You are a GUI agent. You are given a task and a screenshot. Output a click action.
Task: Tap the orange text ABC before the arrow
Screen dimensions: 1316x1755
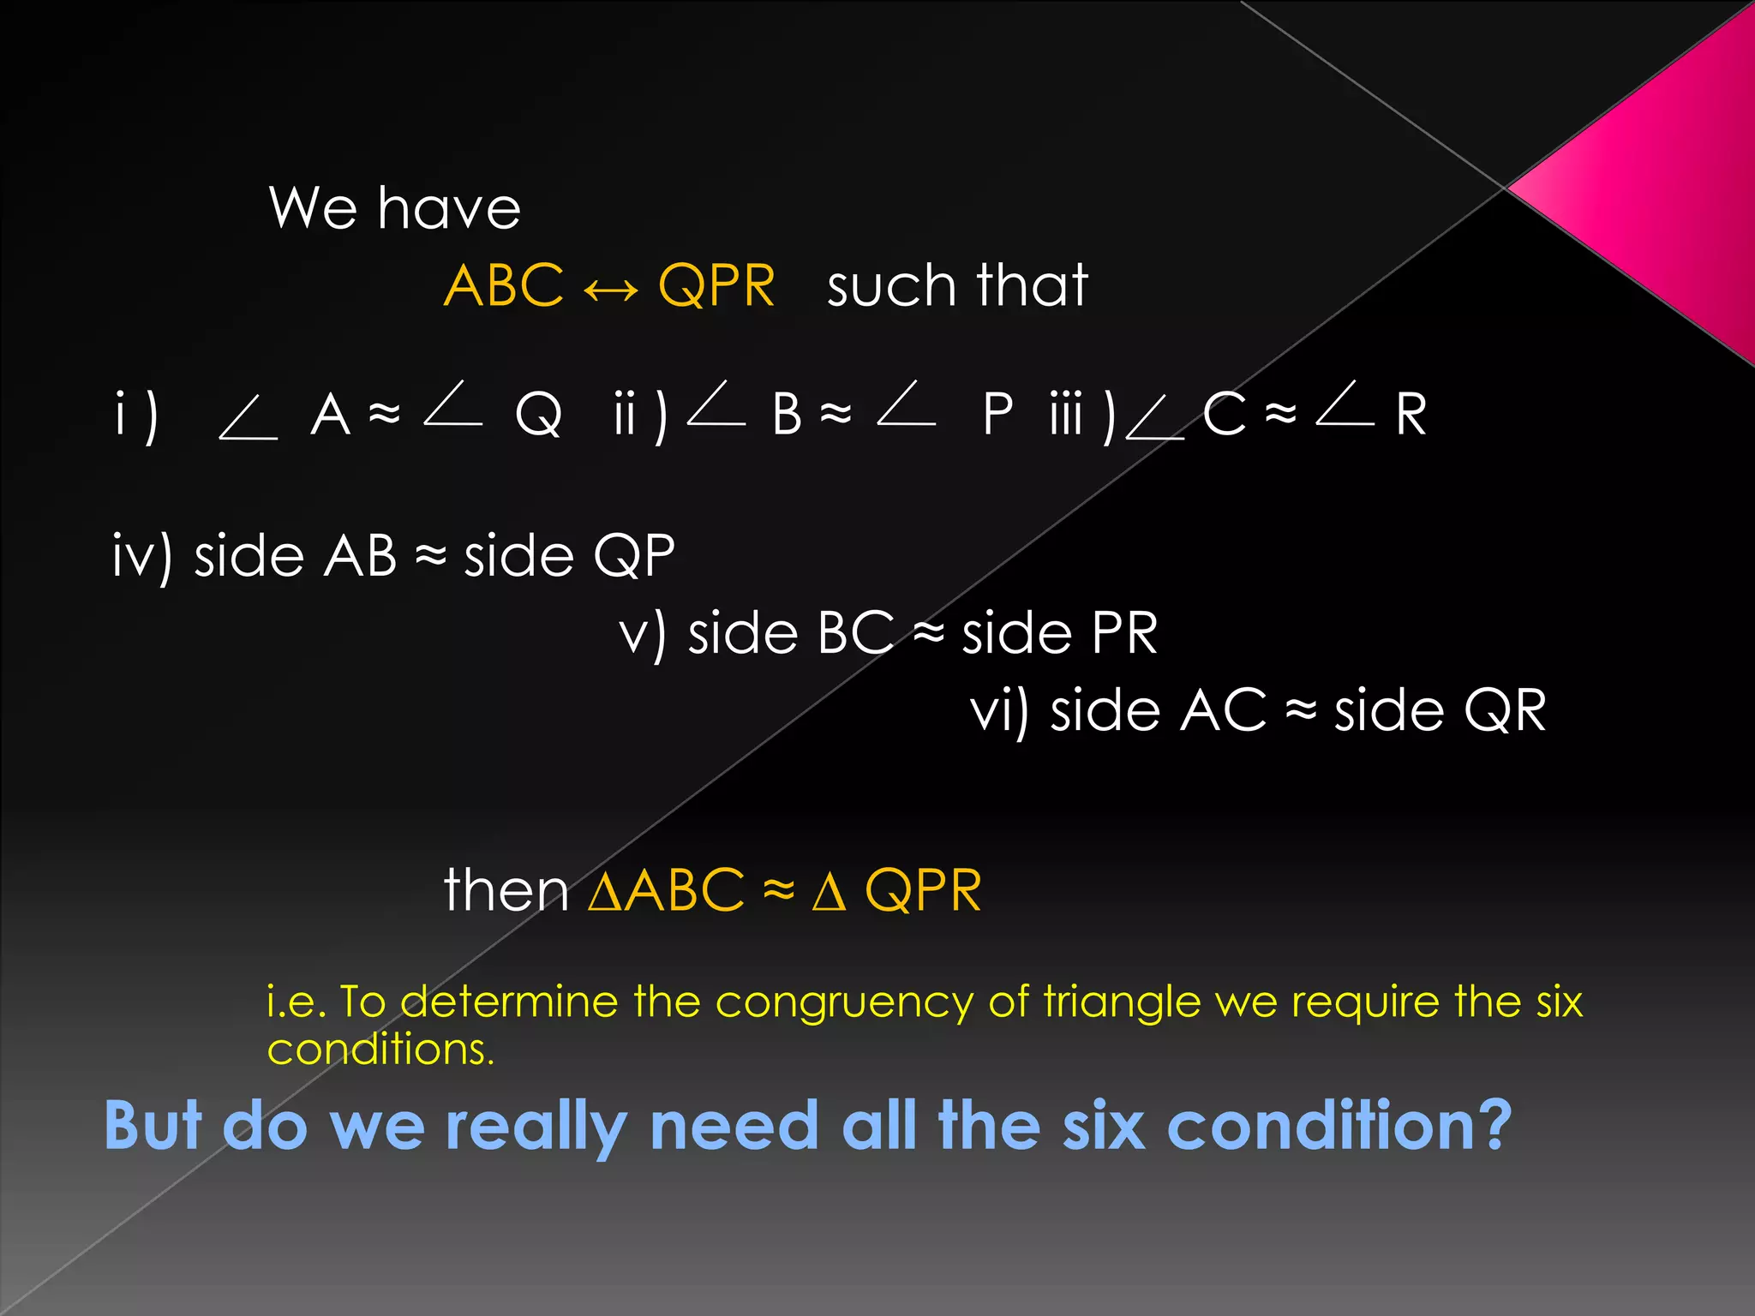pos(504,285)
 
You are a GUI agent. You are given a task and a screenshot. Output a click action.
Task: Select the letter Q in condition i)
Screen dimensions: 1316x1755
pos(538,415)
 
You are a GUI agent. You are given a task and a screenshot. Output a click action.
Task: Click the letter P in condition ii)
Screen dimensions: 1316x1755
pos(997,414)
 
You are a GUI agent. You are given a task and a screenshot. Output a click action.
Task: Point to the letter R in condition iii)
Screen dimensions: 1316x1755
pos(1411,414)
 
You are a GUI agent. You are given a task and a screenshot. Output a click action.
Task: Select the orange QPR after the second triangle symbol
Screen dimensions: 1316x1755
pos(923,890)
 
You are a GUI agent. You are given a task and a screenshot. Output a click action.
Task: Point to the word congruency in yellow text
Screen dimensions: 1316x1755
pos(844,1002)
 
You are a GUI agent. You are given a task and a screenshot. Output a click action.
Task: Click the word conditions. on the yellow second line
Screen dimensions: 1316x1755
pos(380,1049)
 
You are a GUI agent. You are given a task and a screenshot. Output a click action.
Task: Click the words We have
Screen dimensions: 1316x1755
pos(394,208)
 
